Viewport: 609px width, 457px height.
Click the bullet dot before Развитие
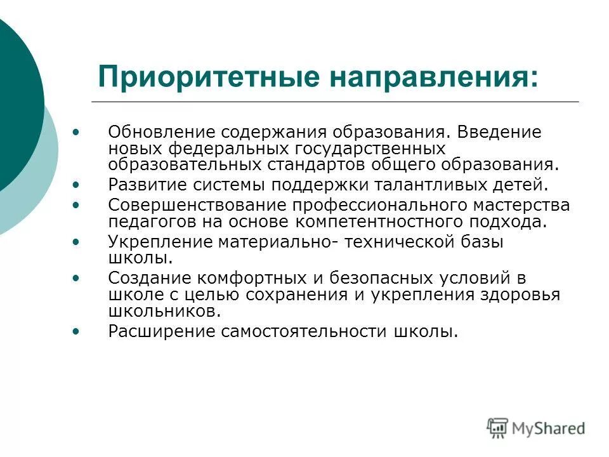[77, 185]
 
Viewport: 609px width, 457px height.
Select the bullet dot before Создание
[77, 278]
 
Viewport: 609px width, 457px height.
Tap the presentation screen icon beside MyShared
[498, 428]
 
